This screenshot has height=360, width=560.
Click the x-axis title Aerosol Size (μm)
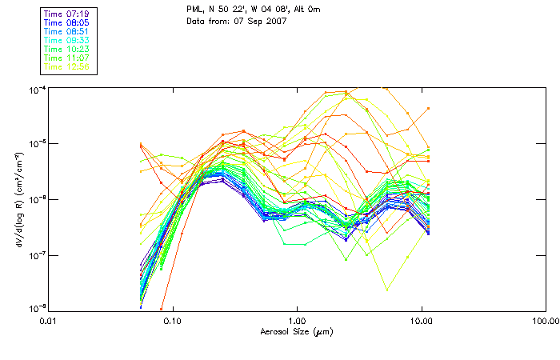click(x=296, y=330)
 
